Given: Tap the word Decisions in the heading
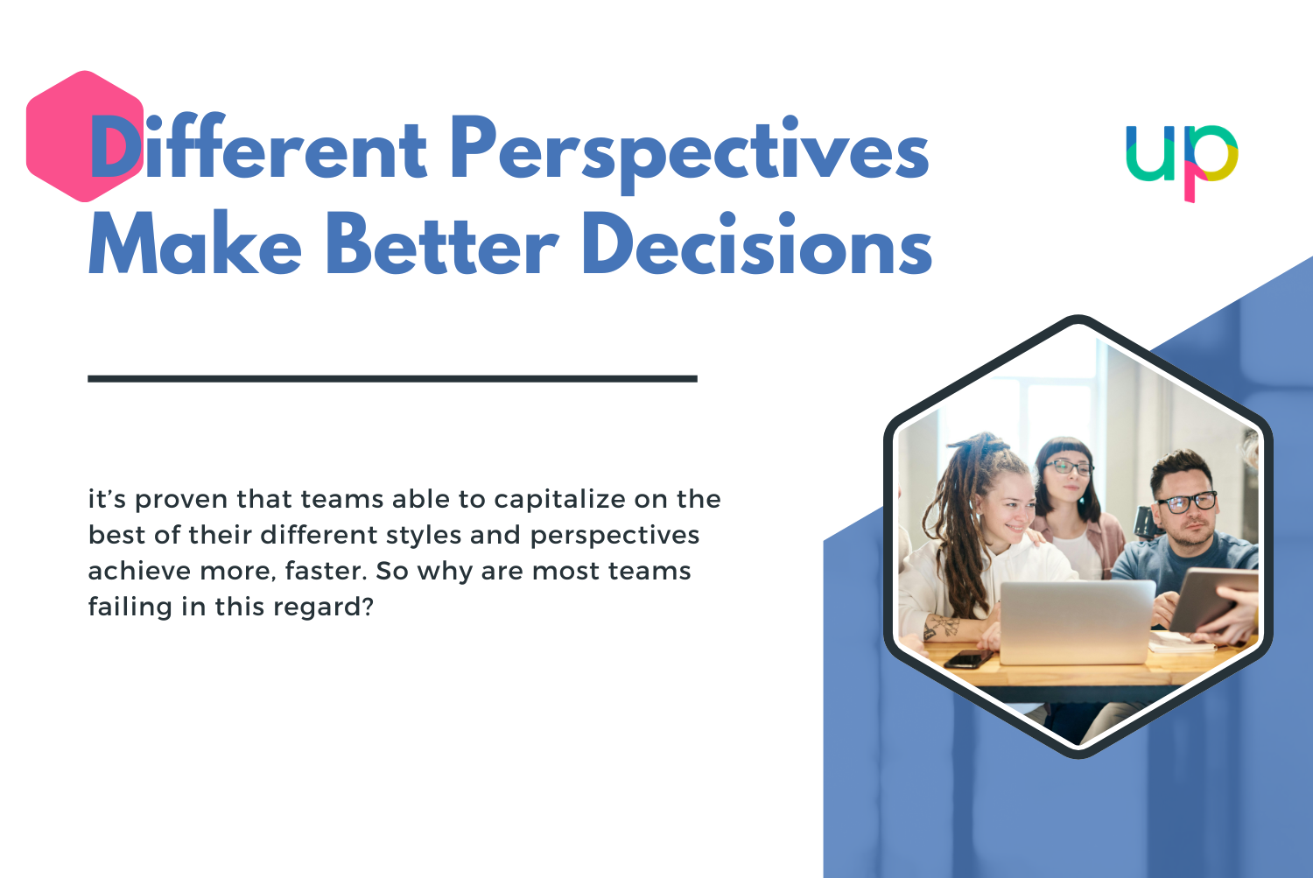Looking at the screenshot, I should (x=757, y=245).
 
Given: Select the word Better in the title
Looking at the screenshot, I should (x=442, y=245).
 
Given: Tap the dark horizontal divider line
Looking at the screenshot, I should (x=392, y=379).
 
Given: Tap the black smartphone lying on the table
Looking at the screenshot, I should (x=968, y=658).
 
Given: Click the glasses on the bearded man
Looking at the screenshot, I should (x=1187, y=502).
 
